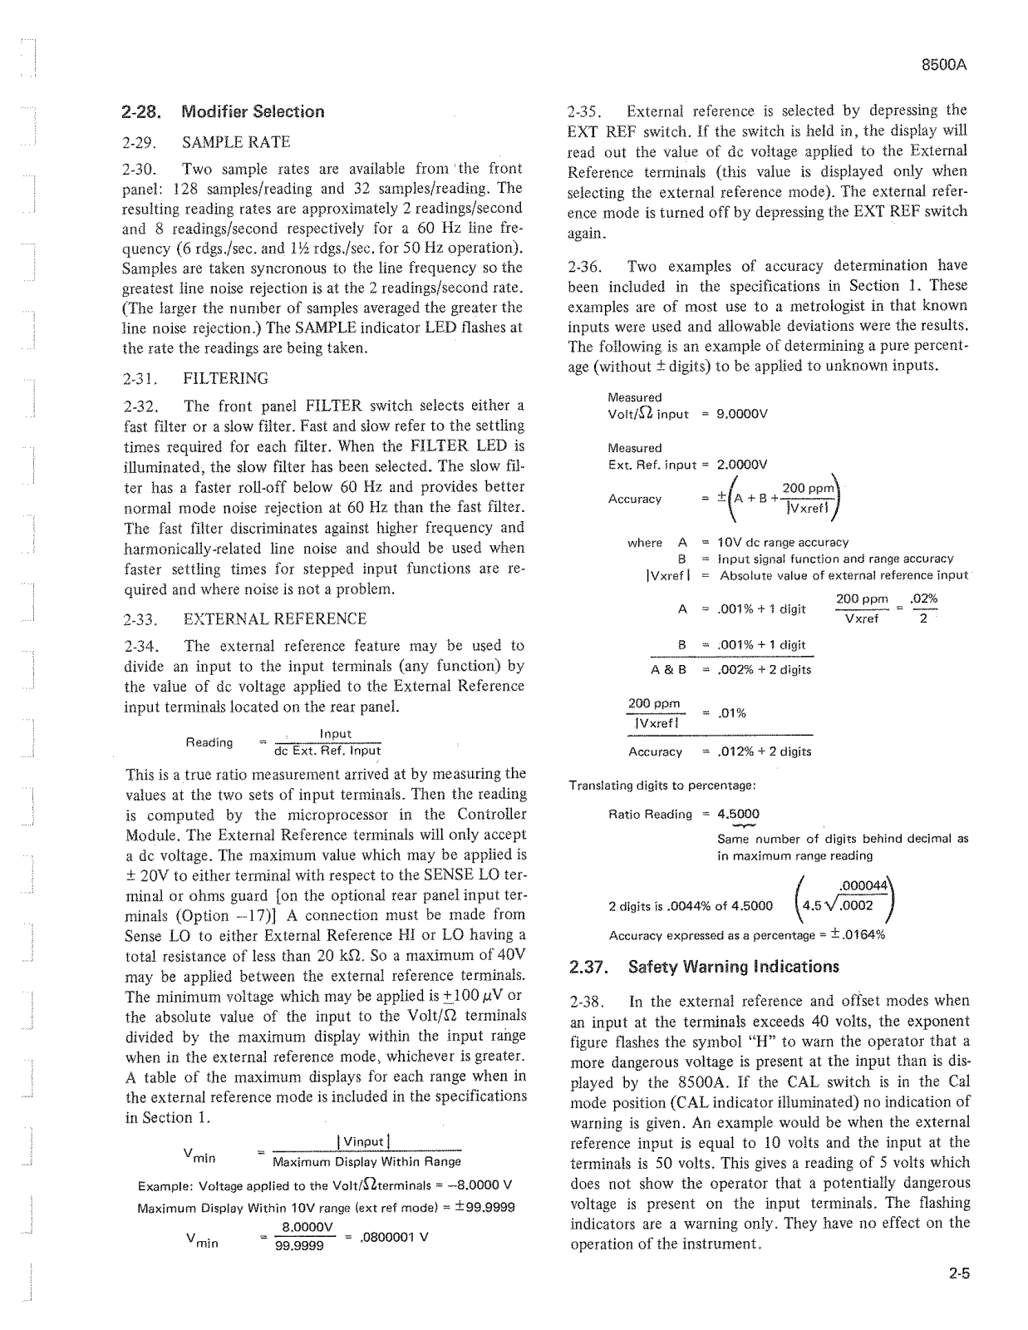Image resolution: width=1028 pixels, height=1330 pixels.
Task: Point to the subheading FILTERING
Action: [225, 378]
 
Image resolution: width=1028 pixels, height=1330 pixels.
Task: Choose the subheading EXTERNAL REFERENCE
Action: [274, 618]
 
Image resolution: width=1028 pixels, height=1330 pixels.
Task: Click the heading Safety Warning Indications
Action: [733, 967]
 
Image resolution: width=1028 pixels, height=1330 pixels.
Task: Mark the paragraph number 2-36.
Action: [584, 266]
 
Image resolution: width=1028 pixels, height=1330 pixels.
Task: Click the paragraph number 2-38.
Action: [585, 1002]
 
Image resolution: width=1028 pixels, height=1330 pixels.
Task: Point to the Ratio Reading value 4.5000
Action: [738, 814]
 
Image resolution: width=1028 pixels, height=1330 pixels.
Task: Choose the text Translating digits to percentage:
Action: [661, 785]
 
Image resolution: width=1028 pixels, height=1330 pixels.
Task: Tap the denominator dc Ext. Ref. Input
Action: [327, 751]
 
